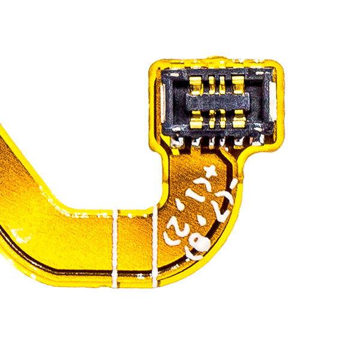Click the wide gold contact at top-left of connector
tap(196, 84)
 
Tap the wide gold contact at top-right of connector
tap(238, 84)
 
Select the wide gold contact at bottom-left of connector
tap(196, 121)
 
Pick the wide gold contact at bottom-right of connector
tap(238, 121)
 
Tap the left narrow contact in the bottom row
tap(211, 122)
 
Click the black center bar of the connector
tap(217, 103)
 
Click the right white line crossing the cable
tap(154, 243)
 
